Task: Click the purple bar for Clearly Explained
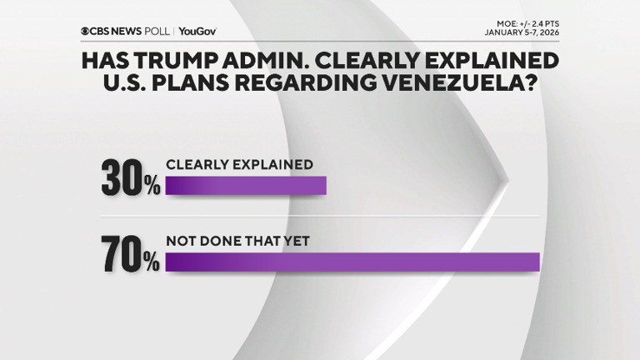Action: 246,184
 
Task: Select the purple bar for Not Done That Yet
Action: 352,262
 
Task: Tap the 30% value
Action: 130,177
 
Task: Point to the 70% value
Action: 130,255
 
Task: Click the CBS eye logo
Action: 85,31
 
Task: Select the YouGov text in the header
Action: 197,31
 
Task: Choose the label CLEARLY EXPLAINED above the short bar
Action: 240,164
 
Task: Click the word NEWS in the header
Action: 128,31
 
